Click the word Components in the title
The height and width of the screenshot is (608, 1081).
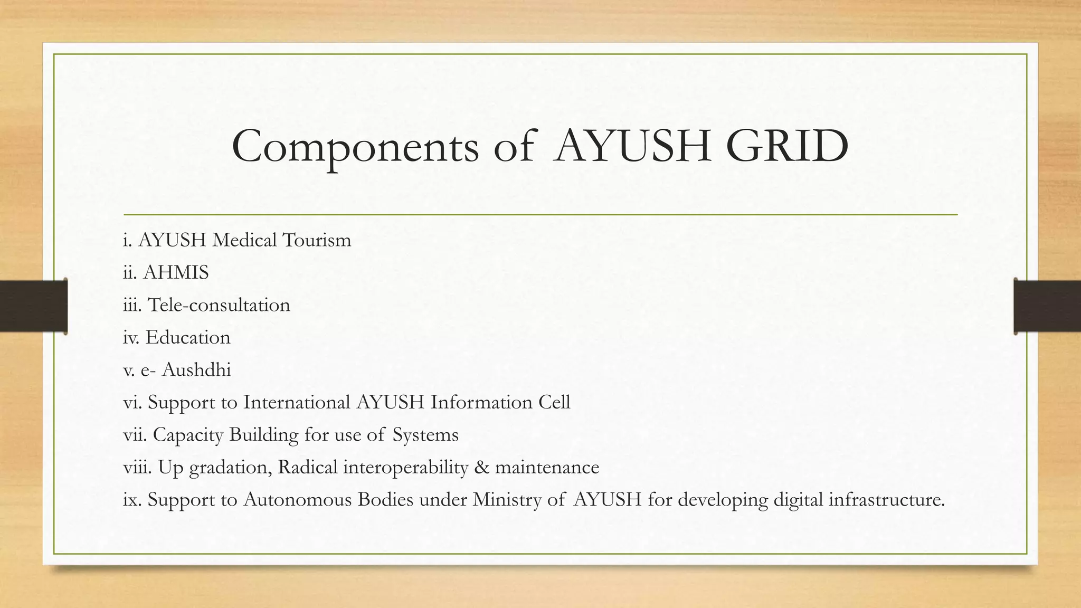click(355, 146)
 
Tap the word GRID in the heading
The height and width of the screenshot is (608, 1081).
click(786, 146)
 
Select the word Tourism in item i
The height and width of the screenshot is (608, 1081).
click(317, 240)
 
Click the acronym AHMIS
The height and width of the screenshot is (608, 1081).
click(176, 273)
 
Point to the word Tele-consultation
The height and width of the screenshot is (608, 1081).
click(219, 305)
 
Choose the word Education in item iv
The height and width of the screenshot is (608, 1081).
click(188, 338)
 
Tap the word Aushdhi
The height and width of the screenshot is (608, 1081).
click(196, 370)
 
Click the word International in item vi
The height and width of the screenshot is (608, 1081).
click(297, 403)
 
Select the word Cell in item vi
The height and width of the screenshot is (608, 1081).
click(554, 403)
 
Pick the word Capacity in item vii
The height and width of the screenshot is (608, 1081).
click(188, 435)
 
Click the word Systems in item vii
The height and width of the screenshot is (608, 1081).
click(425, 435)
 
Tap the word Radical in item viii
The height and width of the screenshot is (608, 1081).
click(307, 468)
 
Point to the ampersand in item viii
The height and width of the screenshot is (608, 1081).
click(481, 468)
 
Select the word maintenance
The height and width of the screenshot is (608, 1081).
click(547, 468)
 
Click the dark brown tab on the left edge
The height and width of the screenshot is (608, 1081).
click(33, 306)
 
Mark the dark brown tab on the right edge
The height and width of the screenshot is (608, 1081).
click(1047, 306)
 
